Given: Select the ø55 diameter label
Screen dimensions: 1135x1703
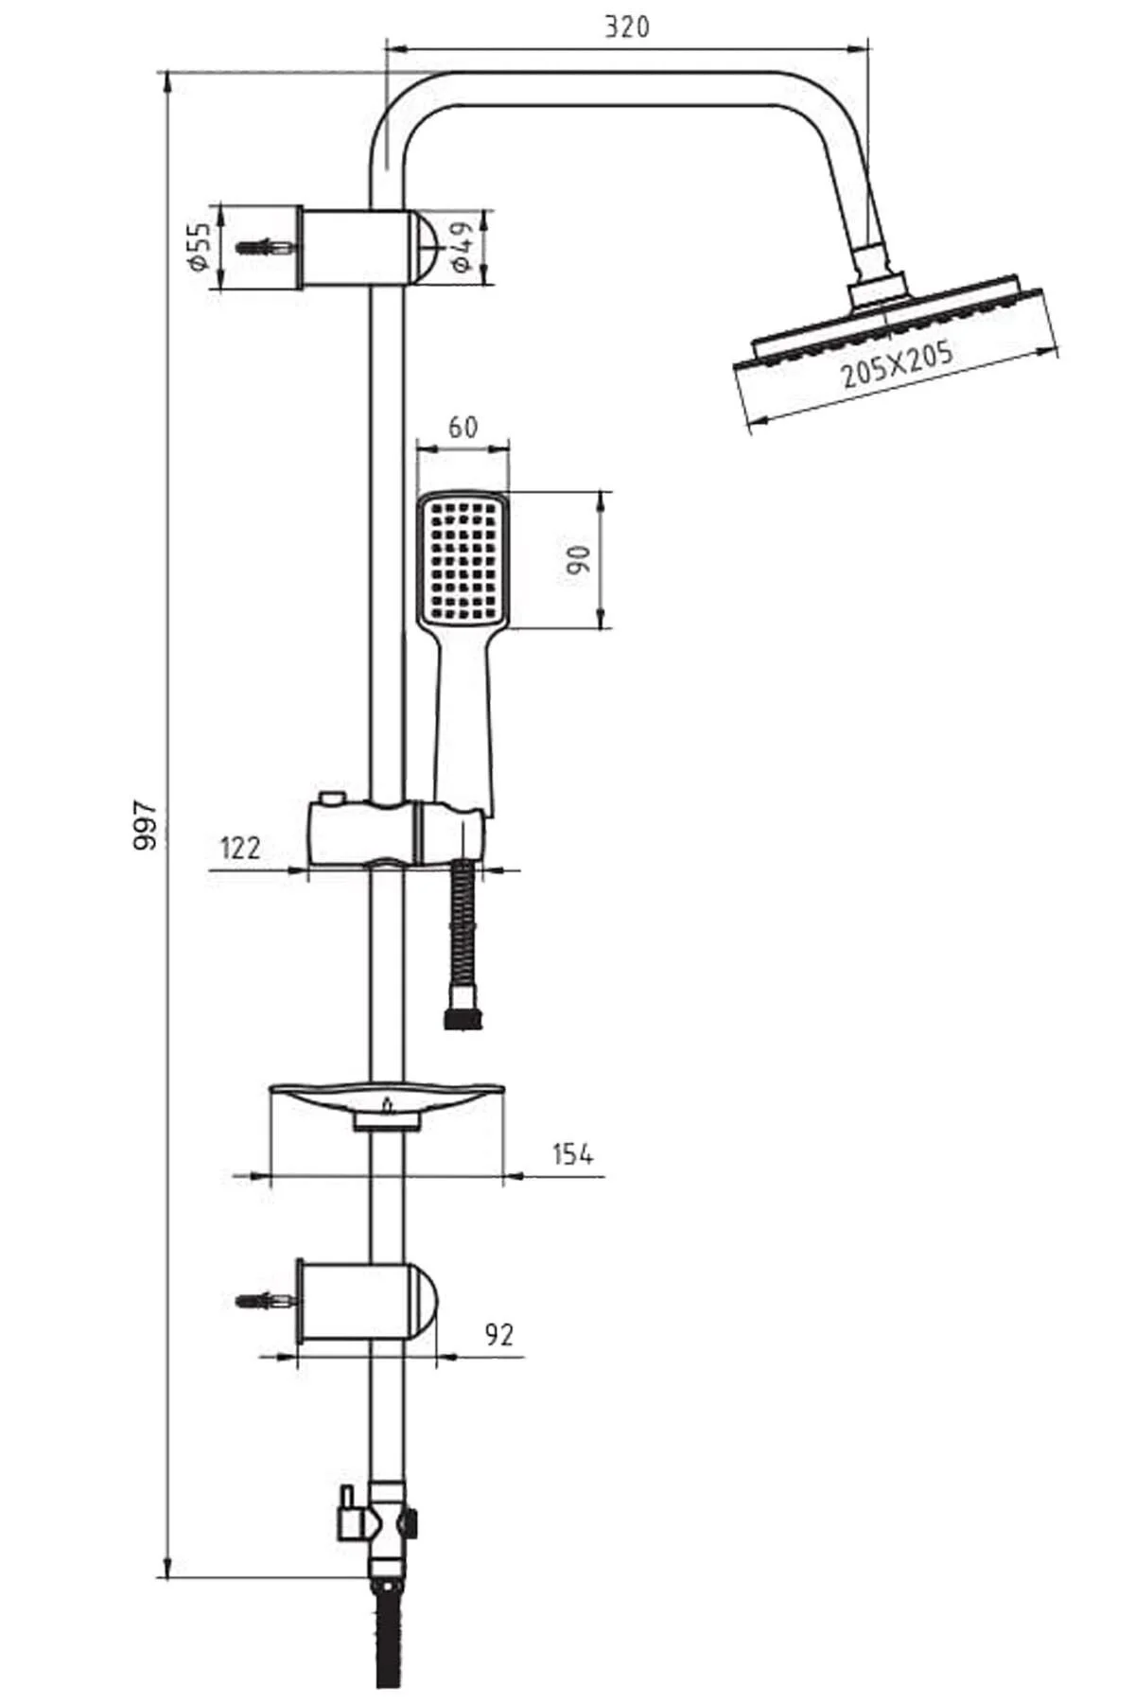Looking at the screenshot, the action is point(198,248).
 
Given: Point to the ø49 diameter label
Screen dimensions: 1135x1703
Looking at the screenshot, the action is point(461,248).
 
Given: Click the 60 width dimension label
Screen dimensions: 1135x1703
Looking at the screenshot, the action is point(463,427).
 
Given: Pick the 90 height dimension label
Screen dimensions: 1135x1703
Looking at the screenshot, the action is point(579,559).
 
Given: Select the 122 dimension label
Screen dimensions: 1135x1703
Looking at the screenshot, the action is point(239,847).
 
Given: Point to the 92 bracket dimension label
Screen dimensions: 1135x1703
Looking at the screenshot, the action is point(498,1334).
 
